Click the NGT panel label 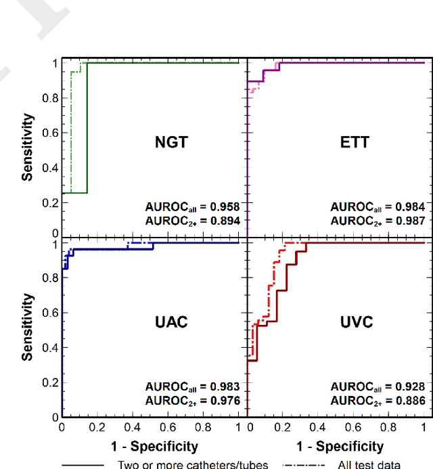point(171,143)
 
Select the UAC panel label point(171,322)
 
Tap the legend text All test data point(367,464)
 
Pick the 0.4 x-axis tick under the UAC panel point(133,428)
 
